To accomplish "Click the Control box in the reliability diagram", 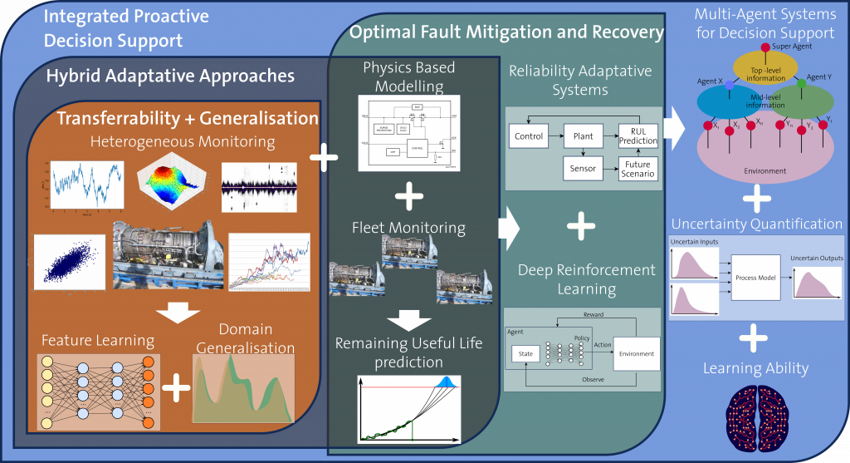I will pos(529,136).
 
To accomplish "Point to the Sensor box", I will pos(583,169).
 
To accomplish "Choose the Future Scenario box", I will pos(637,170).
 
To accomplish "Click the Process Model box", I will pos(755,277).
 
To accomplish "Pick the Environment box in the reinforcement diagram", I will pos(635,353).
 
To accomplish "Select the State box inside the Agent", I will pos(526,353).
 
